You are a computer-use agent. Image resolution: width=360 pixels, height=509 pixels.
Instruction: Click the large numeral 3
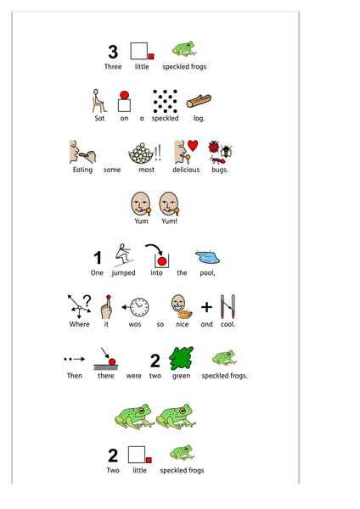pos(113,52)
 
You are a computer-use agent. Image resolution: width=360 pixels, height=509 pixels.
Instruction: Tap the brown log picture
pos(199,101)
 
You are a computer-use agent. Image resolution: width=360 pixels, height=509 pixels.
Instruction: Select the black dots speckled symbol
pos(165,101)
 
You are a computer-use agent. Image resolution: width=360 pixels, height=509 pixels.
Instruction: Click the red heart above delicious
pos(193,145)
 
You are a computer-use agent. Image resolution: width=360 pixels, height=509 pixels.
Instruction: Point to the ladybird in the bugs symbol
pos(214,147)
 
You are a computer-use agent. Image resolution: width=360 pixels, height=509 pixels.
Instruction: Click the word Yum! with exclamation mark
pos(169,221)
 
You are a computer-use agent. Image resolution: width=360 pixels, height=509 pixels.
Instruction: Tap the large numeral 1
pos(97,258)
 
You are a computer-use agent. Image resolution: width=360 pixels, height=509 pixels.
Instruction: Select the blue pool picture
pos(207,256)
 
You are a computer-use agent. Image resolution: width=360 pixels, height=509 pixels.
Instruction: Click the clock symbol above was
pos(139,307)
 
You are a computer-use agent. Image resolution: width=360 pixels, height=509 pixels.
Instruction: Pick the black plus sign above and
pos(206,307)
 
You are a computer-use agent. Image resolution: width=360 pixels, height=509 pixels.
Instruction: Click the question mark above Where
pos(87,300)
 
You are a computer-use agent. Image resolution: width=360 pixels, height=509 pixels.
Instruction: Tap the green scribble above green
pos(181,358)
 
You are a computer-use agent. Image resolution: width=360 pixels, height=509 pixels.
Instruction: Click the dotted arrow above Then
pos(75,359)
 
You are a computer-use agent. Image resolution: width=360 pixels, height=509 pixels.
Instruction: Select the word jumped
pos(123,272)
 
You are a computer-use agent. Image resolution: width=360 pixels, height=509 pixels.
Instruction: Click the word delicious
pos(186,170)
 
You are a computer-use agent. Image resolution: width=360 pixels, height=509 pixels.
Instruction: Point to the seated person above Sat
pos(98,101)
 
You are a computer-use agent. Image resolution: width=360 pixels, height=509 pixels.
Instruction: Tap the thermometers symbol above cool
pos(228,306)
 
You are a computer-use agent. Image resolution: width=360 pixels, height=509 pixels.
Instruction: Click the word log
pos(199,119)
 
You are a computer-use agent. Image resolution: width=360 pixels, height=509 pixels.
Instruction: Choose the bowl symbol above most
pos(141,154)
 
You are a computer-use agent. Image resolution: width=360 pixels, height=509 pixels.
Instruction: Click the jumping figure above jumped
pos(123,255)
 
